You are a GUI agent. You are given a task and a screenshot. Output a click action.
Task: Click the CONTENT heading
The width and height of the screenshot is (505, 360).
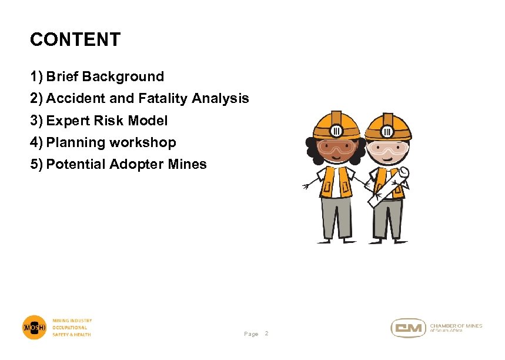[x=75, y=40]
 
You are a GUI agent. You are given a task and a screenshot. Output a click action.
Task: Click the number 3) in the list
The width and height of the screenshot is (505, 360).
[x=36, y=121]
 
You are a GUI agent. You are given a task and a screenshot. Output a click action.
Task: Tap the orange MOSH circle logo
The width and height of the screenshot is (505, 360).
[x=34, y=327]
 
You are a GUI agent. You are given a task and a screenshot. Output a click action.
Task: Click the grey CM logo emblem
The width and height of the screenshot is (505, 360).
[x=408, y=328]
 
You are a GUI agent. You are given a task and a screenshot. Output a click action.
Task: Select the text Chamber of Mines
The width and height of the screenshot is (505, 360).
[x=456, y=325]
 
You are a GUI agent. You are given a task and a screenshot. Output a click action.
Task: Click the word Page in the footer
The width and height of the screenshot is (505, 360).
[x=251, y=334]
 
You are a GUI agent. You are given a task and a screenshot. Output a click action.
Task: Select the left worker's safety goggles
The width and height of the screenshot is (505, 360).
[x=336, y=148]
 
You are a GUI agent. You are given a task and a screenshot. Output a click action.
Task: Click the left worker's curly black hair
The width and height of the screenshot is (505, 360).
[x=311, y=150]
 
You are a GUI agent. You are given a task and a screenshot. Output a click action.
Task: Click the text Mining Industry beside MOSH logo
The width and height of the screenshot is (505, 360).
[x=72, y=321]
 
